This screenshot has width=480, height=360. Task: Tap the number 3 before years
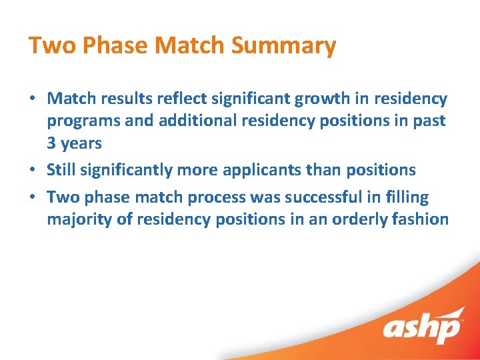coord(51,143)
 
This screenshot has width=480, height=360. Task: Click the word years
coord(81,144)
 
